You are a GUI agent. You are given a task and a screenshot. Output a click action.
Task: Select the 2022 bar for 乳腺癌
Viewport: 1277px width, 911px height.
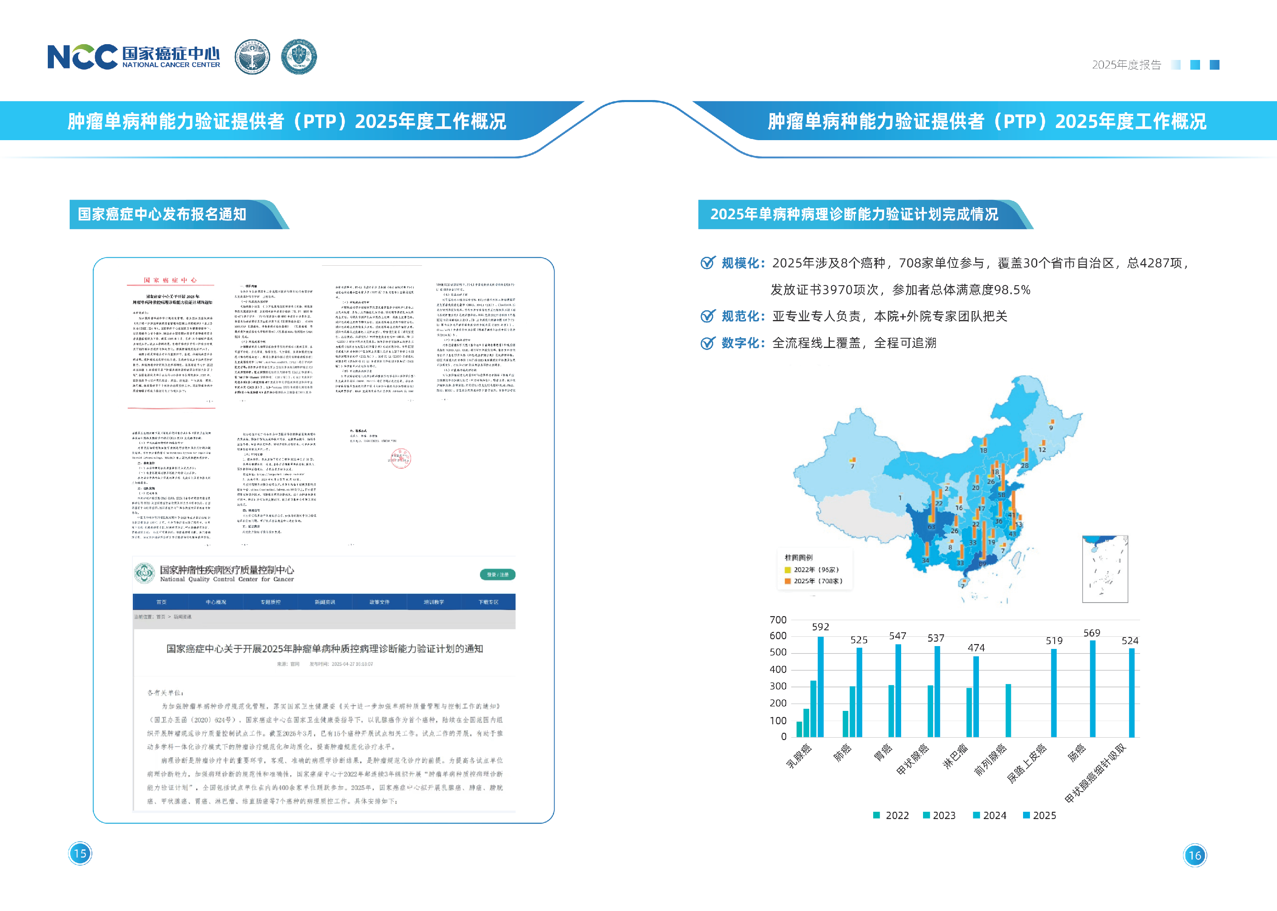click(x=799, y=729)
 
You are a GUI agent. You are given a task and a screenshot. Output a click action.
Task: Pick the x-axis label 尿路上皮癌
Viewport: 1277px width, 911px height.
click(x=1027, y=764)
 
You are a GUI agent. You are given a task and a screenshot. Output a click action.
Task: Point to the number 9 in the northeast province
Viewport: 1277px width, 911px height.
click(x=1051, y=427)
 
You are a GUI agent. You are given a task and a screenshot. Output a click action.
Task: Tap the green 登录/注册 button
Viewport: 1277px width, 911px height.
click(x=497, y=574)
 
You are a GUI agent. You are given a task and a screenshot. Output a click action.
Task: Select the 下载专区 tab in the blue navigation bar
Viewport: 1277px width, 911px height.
click(x=488, y=602)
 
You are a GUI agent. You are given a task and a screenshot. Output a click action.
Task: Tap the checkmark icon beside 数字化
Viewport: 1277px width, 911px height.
click(x=708, y=343)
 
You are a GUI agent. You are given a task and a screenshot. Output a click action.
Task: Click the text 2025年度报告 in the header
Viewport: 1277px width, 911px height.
click(x=1126, y=65)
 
